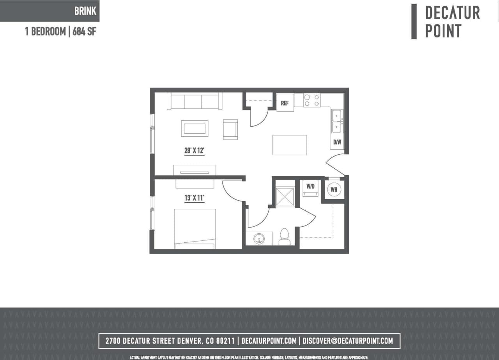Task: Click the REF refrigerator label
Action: point(285,103)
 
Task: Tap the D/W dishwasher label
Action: point(337,142)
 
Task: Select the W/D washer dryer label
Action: point(310,187)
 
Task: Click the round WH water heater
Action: point(334,190)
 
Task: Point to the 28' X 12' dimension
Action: point(195,151)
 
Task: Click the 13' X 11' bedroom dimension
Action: point(195,198)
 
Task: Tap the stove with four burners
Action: point(312,100)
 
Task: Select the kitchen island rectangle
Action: point(289,145)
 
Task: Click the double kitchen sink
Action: point(336,121)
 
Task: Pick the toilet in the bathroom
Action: point(285,237)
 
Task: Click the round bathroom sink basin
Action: point(259,238)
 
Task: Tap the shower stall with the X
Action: point(285,196)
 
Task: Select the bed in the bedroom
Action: point(195,229)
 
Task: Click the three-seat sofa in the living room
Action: point(195,101)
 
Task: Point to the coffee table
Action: point(195,128)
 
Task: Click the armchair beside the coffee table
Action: point(230,129)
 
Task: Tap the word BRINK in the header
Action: point(85,11)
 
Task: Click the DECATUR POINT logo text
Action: point(452,22)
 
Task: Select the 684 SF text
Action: point(84,32)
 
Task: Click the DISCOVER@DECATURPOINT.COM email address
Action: point(348,341)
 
